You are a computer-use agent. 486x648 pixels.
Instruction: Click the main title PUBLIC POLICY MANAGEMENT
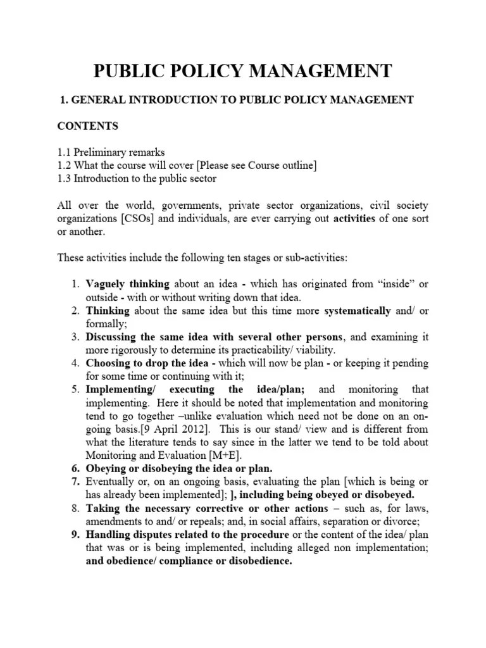[x=243, y=71]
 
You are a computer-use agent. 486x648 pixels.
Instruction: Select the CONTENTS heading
[x=88, y=126]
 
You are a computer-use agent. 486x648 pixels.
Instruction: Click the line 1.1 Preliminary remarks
[x=111, y=153]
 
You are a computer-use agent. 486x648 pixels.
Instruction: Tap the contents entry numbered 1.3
[x=137, y=178]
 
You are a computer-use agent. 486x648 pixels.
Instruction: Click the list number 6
[x=75, y=468]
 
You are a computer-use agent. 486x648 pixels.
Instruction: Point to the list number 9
[x=75, y=534]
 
